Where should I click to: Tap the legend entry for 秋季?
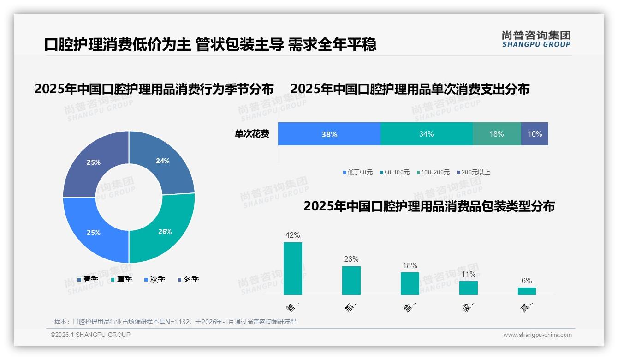(x=154, y=279)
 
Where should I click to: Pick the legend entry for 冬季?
(x=188, y=279)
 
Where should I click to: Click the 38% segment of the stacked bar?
(x=329, y=134)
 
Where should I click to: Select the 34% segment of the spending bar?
(x=426, y=134)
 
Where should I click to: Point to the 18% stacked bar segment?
(x=497, y=134)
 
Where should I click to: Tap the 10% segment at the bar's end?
(x=535, y=134)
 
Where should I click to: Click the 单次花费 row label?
(x=252, y=134)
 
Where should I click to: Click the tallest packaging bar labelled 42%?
(x=293, y=269)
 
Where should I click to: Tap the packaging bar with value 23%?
(x=351, y=281)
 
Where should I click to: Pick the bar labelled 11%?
(x=469, y=288)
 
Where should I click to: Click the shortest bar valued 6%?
(x=527, y=291)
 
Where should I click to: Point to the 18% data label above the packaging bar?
(x=410, y=265)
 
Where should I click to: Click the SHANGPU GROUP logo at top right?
(x=536, y=39)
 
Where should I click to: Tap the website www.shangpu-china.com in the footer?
(x=537, y=335)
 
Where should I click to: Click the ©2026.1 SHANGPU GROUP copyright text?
(x=90, y=335)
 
